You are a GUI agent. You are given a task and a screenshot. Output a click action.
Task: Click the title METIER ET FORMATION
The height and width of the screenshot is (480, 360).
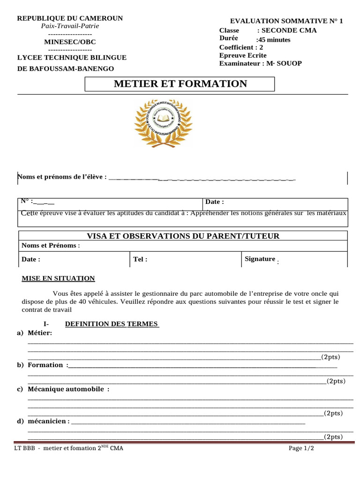pos(180,84)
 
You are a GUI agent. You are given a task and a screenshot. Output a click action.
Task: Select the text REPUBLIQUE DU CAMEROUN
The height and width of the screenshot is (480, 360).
pos(70,18)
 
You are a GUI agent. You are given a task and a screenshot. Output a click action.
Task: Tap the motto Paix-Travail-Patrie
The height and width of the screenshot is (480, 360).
pos(70,26)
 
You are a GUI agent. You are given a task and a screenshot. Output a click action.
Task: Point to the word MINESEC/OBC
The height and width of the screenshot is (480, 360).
pos(70,42)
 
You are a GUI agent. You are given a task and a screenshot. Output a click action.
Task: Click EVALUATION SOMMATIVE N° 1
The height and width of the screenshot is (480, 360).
pos(286,21)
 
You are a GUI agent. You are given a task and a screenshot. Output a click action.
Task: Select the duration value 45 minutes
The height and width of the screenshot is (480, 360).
pos(274,40)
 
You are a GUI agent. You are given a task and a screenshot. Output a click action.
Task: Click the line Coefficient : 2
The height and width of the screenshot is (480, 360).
pos(241,47)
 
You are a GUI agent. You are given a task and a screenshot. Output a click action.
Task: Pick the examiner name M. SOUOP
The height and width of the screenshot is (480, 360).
pos(284,63)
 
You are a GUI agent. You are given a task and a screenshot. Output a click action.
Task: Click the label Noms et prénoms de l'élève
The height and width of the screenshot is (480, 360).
pos(62,177)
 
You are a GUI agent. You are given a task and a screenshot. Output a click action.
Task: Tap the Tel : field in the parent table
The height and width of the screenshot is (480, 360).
pos(140,259)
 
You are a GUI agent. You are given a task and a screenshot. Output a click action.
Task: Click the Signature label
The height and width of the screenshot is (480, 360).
pos(260,259)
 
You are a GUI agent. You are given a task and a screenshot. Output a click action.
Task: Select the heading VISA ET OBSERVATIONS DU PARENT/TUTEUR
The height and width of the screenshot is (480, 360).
pos(183,236)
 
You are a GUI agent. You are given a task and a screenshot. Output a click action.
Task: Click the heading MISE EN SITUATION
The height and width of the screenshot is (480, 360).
pos(58,278)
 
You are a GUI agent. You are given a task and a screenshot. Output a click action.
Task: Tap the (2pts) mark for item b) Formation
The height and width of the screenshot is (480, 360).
pos(336,381)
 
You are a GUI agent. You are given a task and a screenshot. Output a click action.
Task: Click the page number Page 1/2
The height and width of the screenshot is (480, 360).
pos(301,449)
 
